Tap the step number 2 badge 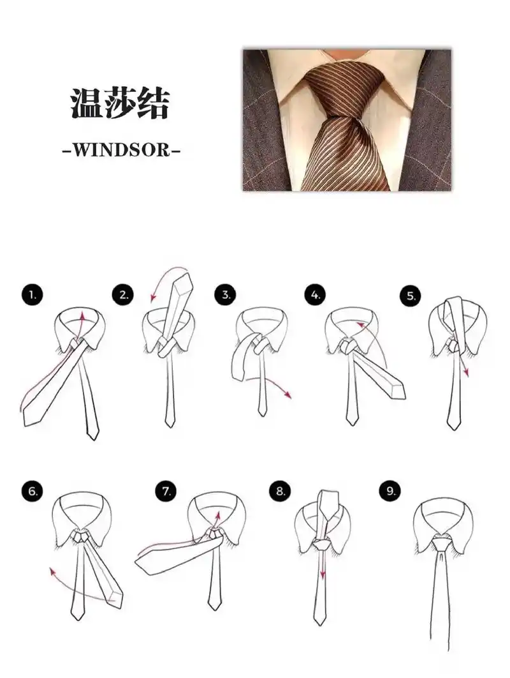click(x=123, y=294)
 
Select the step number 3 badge click(x=225, y=294)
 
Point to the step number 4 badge click(x=315, y=294)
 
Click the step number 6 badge click(x=32, y=492)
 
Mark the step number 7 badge click(x=166, y=492)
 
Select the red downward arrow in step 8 click(x=323, y=575)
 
